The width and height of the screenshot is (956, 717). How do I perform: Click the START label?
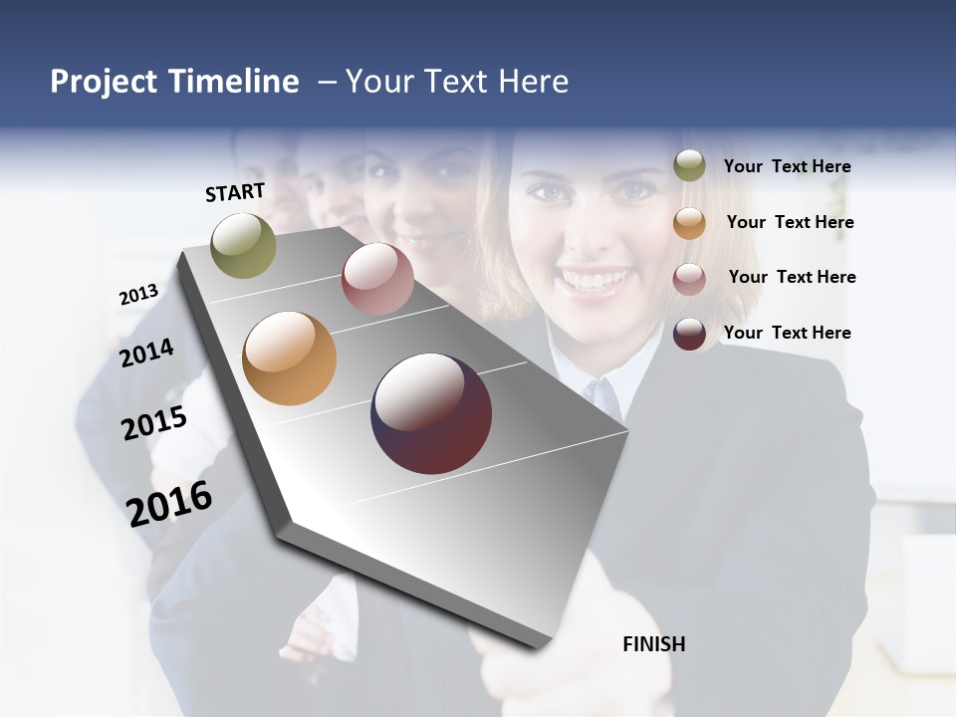click(x=235, y=192)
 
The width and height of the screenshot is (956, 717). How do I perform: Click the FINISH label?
click(x=653, y=644)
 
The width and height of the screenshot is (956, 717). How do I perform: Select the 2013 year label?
click(x=138, y=295)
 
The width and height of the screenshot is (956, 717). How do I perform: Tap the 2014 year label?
click(x=146, y=353)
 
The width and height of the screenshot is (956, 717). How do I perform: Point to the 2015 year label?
click(x=154, y=423)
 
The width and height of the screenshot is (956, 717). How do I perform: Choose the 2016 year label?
click(x=169, y=504)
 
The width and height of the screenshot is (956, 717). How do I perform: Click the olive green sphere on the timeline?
click(x=243, y=245)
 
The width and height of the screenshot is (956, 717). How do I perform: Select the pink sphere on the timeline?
click(x=377, y=279)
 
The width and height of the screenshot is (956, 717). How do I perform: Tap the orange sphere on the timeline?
click(x=289, y=358)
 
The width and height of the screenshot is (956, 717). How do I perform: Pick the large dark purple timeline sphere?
click(x=431, y=413)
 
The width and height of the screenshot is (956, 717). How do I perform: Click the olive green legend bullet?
click(x=689, y=165)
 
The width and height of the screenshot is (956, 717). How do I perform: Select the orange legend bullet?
click(x=689, y=222)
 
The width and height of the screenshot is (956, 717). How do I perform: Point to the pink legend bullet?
click(x=689, y=278)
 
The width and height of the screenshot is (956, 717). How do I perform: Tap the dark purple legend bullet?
click(x=689, y=334)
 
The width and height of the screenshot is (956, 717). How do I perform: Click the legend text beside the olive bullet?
click(x=787, y=166)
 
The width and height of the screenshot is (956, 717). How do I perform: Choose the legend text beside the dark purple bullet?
click(x=787, y=333)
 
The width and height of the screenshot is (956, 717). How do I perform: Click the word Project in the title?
click(x=104, y=82)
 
